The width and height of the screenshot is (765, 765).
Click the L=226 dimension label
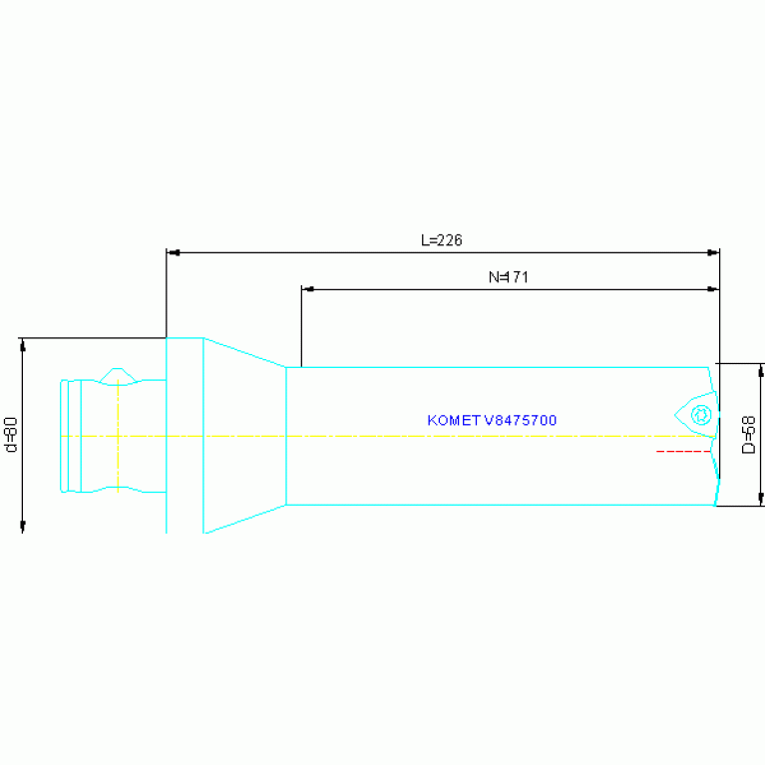[x=441, y=240]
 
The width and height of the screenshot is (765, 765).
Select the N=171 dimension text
[x=508, y=277]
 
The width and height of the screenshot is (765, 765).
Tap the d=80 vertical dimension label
[x=11, y=435]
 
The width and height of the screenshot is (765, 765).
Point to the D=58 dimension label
[x=749, y=435]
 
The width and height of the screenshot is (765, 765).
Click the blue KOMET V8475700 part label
[x=492, y=421]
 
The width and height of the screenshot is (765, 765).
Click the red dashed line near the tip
[x=682, y=452]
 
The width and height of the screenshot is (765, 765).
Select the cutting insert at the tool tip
[x=695, y=414]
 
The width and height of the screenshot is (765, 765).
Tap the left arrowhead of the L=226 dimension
[x=172, y=253]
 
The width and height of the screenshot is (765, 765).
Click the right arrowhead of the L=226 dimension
[x=713, y=253]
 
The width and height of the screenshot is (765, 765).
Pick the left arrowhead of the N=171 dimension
[x=307, y=289]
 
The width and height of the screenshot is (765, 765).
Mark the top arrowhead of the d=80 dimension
[x=22, y=344]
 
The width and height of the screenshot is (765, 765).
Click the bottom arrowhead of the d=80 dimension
[x=22, y=527]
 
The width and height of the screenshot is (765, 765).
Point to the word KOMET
[x=454, y=421]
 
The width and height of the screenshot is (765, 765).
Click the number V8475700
[x=520, y=421]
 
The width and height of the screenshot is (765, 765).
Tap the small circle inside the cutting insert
[x=702, y=413]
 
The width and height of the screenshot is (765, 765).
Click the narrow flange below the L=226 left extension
[x=185, y=435]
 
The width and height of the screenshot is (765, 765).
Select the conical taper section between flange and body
[x=244, y=435]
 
